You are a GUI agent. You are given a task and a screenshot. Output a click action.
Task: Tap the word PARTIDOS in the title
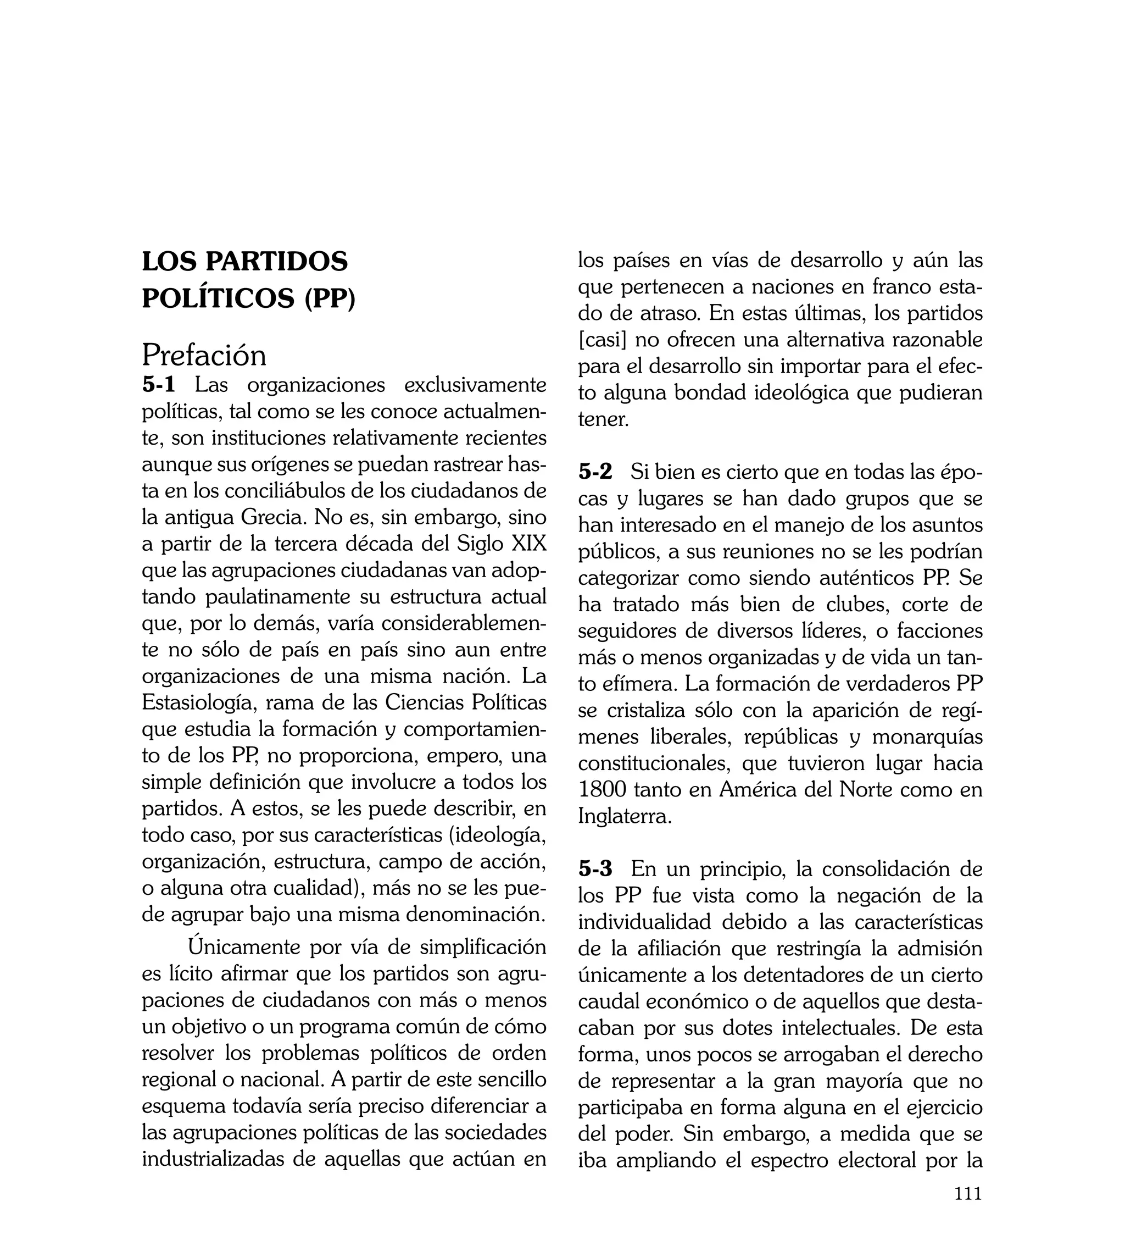276,262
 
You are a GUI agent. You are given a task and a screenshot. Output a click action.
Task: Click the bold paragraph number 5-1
159,385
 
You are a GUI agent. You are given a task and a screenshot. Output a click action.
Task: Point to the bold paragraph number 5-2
595,472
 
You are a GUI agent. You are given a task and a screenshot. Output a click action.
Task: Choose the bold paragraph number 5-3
595,869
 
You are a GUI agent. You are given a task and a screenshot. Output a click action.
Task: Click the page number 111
968,1210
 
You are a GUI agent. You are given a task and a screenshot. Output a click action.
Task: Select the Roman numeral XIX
529,544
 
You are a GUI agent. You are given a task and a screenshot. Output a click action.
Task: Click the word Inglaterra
625,817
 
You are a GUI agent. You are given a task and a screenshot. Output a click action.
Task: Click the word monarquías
927,737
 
